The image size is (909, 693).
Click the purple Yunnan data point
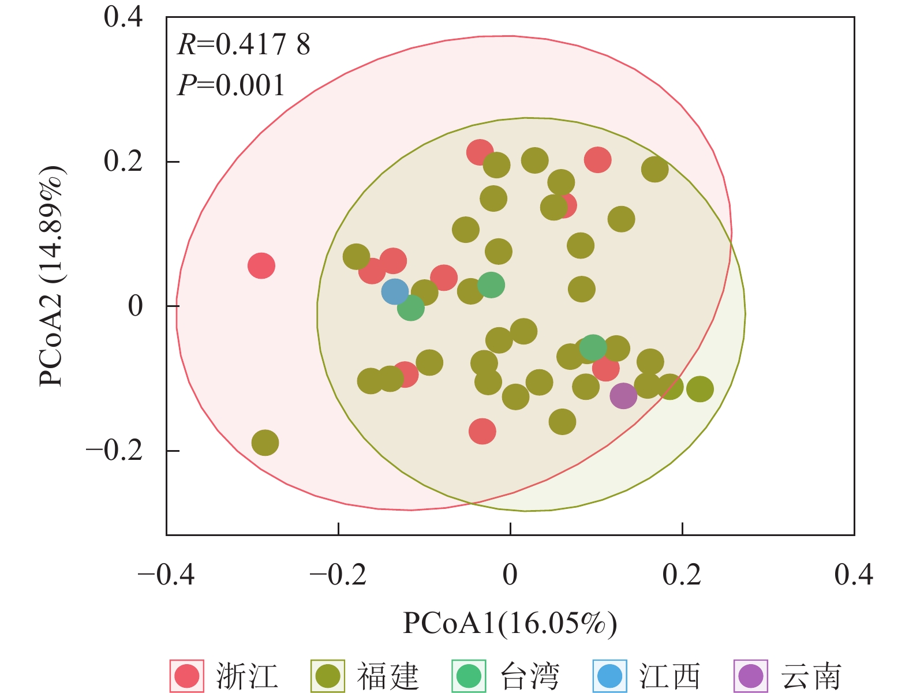pos(623,396)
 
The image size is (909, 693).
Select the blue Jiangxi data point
pos(395,291)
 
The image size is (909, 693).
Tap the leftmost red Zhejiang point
pos(261,266)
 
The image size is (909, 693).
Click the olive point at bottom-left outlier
pos(265,443)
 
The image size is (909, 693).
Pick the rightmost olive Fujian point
pos(700,389)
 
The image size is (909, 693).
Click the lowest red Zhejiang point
pos(482,431)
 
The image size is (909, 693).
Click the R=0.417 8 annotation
pos(244,45)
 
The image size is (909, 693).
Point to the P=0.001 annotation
pos(231,85)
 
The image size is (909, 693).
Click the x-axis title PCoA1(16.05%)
pos(510,623)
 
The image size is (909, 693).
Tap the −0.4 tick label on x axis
pos(166,575)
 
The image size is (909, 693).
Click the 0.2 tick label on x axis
pos(682,575)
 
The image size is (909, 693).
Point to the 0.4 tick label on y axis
pos(123,17)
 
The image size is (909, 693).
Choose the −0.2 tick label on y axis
pos(114,450)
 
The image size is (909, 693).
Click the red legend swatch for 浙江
pos(187,676)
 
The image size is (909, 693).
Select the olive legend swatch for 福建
pos(328,676)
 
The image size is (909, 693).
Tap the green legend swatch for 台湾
pos(469,676)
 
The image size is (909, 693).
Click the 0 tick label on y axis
pos(135,306)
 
